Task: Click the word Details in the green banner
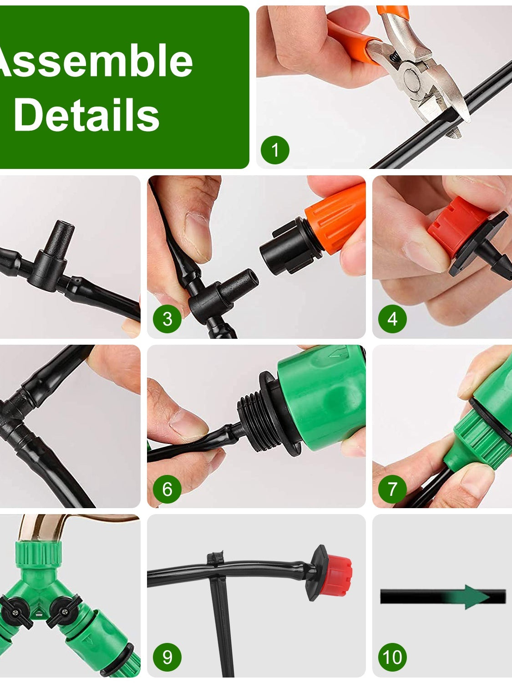(86, 116)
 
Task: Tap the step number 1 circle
(275, 150)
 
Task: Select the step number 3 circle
(167, 319)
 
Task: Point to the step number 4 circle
(392, 319)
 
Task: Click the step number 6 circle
(167, 489)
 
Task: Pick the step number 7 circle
(392, 489)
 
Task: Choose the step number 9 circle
(167, 657)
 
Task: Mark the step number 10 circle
(392, 657)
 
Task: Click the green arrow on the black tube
(476, 597)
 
